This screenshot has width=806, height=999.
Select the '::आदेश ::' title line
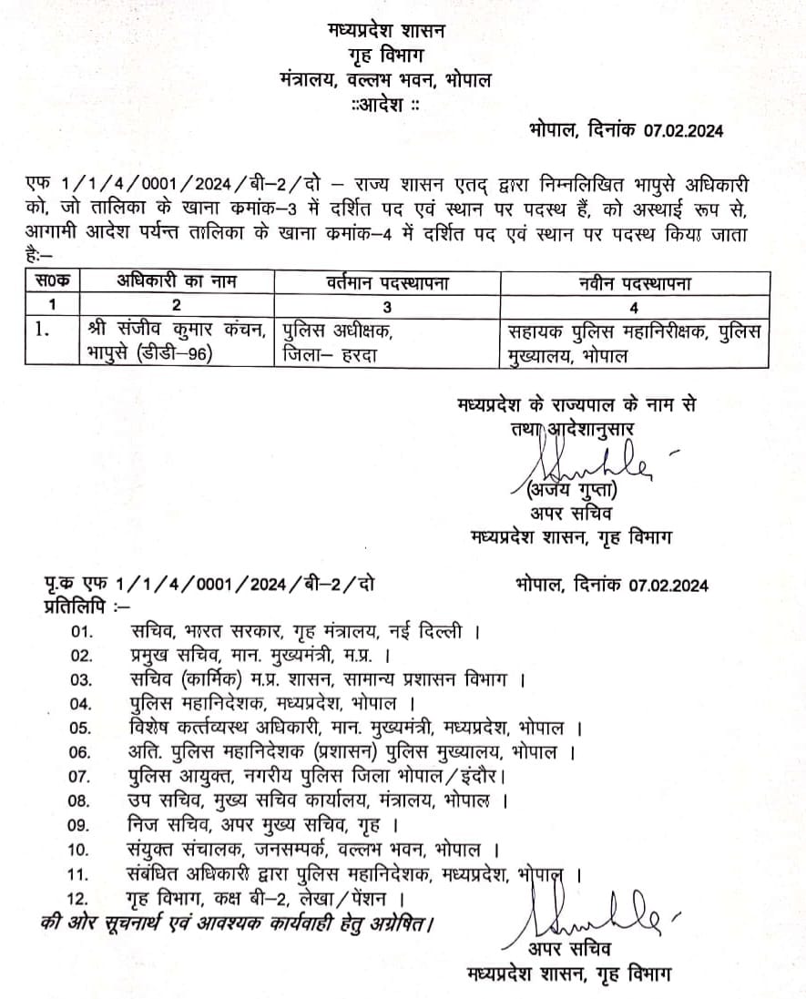click(x=385, y=106)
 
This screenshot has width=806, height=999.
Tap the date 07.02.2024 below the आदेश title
click(x=683, y=131)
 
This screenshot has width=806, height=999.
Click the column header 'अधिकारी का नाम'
click(x=177, y=283)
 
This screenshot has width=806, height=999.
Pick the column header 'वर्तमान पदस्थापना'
click(x=389, y=283)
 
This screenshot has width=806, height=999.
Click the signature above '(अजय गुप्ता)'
click(x=583, y=463)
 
